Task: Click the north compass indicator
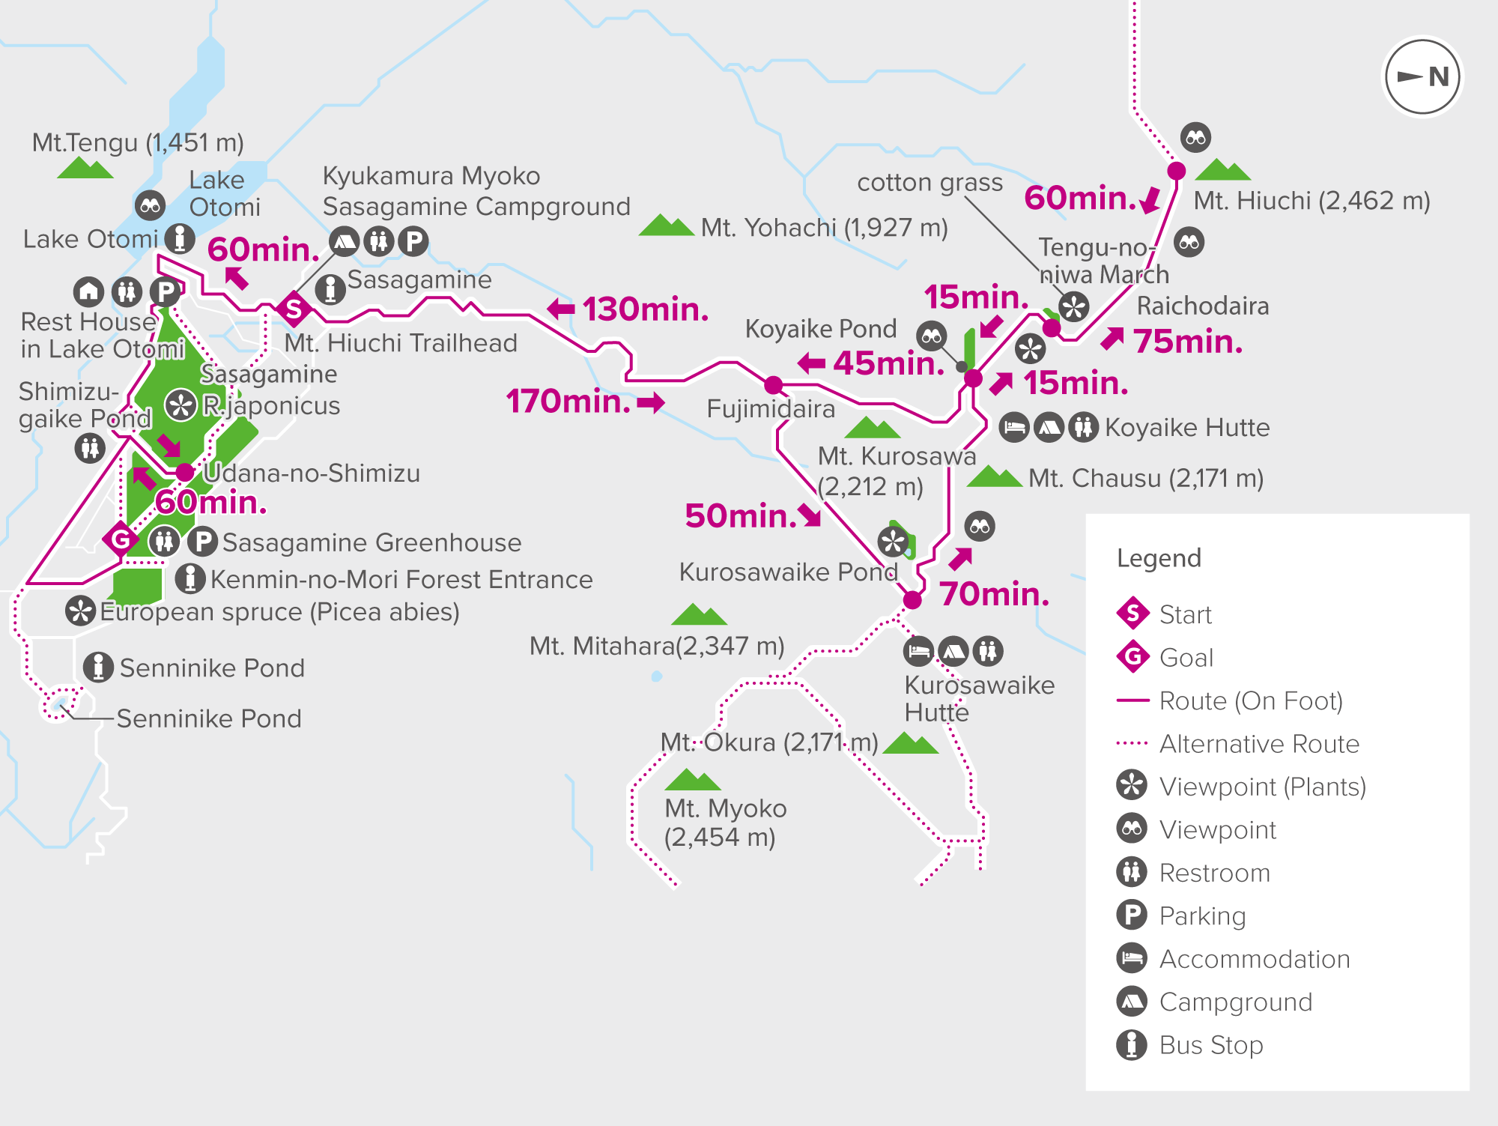[x=1422, y=76]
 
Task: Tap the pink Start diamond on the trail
[x=294, y=308]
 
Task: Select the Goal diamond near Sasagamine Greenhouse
[x=121, y=538]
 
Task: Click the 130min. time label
[x=645, y=309]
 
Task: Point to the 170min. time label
[x=568, y=402]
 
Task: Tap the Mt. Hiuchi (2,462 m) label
[x=1311, y=201]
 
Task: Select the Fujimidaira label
[x=771, y=409]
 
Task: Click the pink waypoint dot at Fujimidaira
[x=773, y=386]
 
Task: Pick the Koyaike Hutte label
[x=1187, y=428]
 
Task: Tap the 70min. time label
[x=995, y=594]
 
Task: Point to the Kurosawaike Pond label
[x=788, y=572]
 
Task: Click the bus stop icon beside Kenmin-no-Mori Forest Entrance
[x=190, y=578]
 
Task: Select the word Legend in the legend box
[x=1159, y=558]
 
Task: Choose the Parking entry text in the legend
[x=1202, y=915]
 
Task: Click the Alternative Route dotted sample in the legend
[x=1132, y=744]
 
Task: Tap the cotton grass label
[x=930, y=182]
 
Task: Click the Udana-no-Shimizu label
[x=311, y=473]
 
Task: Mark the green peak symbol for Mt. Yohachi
[x=666, y=225]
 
